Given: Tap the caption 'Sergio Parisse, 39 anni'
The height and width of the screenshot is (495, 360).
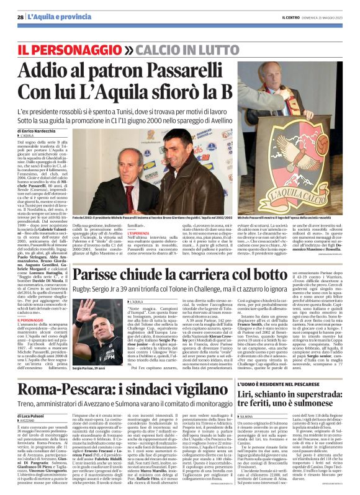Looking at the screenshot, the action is point(90,368).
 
